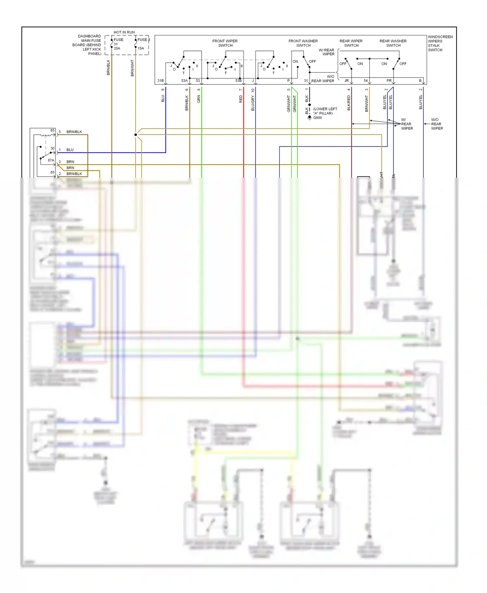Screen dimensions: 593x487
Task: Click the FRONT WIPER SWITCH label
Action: (225, 43)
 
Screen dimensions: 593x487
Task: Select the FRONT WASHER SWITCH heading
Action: (303, 43)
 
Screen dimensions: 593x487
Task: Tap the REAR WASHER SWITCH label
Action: (393, 43)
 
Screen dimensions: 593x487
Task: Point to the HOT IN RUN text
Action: (124, 32)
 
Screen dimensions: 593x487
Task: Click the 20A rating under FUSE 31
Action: (117, 48)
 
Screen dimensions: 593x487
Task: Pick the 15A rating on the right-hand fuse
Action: (141, 48)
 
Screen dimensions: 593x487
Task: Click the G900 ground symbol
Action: (310, 117)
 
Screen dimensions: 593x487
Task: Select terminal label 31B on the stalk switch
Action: (160, 80)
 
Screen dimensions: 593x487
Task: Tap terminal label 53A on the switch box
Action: (184, 80)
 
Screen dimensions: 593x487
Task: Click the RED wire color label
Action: (241, 99)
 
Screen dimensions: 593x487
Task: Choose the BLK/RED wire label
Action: (349, 103)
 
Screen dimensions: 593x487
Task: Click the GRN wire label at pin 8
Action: (199, 99)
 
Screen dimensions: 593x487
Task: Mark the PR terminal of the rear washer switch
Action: (389, 80)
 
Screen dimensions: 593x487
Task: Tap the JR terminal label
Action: (346, 80)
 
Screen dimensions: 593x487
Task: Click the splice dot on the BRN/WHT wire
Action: (136, 135)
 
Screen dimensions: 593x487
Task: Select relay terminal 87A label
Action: (51, 160)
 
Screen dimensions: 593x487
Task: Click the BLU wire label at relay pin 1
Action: (70, 150)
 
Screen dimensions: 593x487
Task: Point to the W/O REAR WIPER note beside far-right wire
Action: (437, 124)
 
